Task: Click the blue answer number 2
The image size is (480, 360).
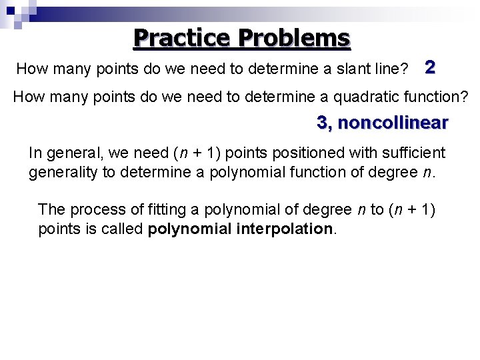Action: [x=430, y=67]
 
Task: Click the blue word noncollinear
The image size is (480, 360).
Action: [x=393, y=123]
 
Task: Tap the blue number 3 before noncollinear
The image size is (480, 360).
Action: [x=323, y=123]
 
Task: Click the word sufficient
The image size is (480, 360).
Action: [x=413, y=153]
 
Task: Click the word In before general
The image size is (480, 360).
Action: [x=35, y=153]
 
